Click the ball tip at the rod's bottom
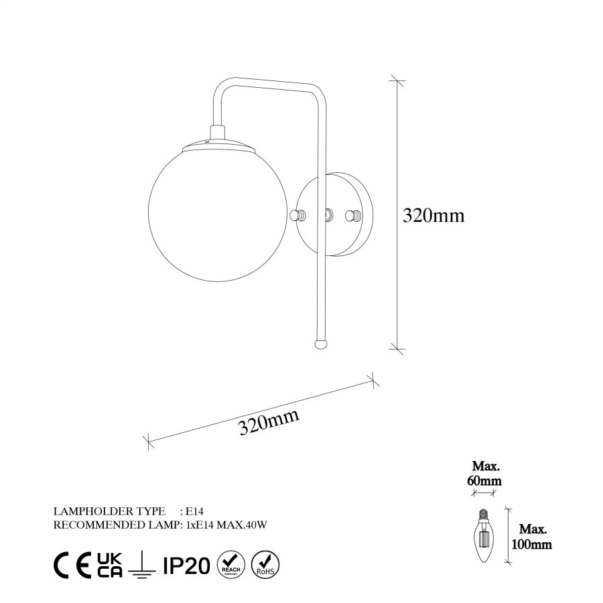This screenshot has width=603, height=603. (x=322, y=342)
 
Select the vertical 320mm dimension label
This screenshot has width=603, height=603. (x=433, y=215)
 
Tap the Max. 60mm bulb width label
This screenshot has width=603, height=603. (x=486, y=473)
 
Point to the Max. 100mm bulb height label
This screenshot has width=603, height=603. (x=531, y=537)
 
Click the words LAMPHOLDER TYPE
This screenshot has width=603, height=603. (x=107, y=511)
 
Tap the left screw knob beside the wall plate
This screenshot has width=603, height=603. (x=298, y=215)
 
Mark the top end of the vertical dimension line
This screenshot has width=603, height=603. (x=397, y=80)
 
